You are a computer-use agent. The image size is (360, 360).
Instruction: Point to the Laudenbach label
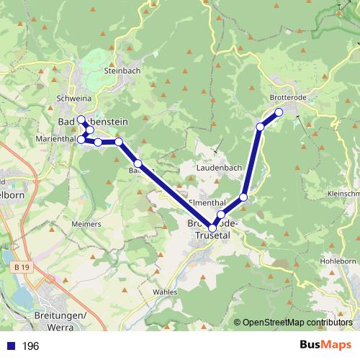point(219,167)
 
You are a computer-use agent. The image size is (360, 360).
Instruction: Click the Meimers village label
point(86,224)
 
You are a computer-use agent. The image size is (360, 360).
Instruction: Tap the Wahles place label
point(165,292)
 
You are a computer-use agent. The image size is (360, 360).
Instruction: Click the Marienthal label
point(55,138)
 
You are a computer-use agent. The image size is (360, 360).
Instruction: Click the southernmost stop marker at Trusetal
point(212,229)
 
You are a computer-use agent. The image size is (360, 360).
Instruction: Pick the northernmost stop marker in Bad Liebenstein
point(81,120)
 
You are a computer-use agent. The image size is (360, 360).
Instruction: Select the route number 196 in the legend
point(31,346)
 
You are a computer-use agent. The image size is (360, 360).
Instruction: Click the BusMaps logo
point(325,346)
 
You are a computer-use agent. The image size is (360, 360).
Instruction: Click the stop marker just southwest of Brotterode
point(260,127)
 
